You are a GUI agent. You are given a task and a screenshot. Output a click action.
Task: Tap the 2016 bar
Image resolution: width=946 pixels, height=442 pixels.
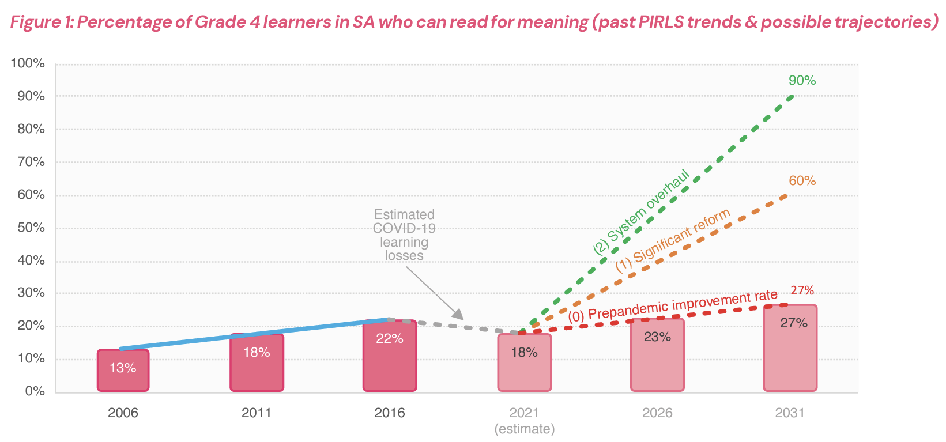[x=390, y=356]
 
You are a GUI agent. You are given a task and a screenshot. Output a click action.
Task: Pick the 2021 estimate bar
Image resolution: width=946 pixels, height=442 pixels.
[x=524, y=363]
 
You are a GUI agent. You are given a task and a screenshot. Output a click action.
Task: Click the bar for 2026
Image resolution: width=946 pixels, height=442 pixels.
[x=657, y=355]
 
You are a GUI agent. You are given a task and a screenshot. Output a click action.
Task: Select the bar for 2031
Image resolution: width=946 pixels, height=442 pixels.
[x=790, y=349]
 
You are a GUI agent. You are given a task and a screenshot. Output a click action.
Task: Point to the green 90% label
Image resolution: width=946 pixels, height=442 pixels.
[x=802, y=81]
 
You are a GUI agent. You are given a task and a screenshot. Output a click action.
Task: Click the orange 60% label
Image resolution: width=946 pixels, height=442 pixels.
[x=802, y=181]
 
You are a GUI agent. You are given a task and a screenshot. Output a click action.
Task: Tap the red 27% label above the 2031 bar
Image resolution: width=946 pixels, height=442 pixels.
[x=802, y=290]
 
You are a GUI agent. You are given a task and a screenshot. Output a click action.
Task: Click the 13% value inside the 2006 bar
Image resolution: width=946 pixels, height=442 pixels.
[x=123, y=368]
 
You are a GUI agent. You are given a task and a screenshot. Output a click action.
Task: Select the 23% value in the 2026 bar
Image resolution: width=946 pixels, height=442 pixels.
[x=657, y=337]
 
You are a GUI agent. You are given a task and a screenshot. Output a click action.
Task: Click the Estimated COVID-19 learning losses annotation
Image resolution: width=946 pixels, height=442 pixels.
[x=404, y=235]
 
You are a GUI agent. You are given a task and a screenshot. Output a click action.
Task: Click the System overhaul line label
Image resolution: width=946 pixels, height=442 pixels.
[x=642, y=213]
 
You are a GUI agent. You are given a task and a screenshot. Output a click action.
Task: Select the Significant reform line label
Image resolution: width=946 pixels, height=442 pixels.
[x=673, y=240]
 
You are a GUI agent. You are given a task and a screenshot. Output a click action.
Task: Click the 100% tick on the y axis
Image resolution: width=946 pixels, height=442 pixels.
[x=28, y=63]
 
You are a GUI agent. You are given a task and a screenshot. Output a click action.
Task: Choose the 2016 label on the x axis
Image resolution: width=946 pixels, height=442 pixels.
[x=390, y=413]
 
